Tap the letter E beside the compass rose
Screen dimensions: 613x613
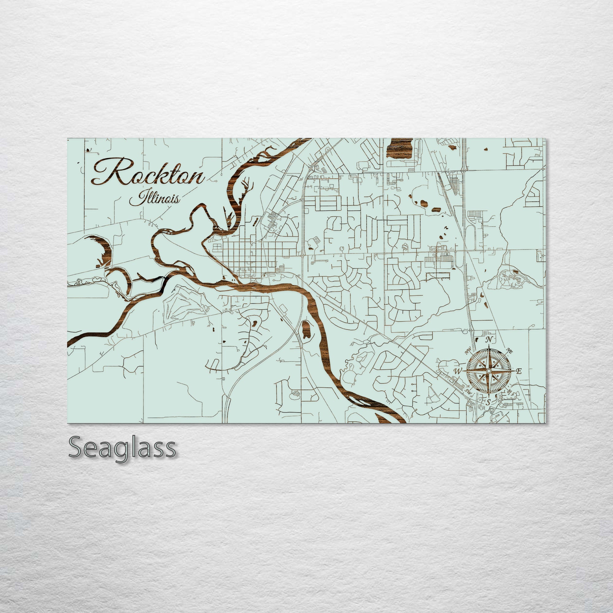519,371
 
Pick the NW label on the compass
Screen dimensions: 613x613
468,352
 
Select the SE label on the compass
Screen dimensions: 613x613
510,391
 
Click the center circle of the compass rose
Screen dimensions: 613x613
489,371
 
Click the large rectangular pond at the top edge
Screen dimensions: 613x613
399,147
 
